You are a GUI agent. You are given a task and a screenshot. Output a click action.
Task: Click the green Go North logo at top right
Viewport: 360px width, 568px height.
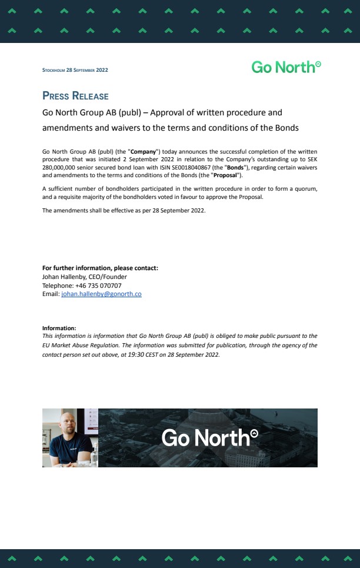click(x=286, y=67)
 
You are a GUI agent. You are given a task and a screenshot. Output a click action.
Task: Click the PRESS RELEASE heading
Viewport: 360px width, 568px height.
click(x=75, y=96)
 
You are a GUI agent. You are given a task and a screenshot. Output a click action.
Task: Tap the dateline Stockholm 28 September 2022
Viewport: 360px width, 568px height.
click(x=75, y=70)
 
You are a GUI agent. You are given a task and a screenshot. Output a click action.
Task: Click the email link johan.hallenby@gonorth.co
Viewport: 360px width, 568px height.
click(x=101, y=294)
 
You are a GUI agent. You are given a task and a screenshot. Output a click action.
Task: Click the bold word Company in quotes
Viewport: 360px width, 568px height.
click(x=143, y=152)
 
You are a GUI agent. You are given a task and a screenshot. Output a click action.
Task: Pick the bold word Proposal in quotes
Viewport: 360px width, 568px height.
click(x=225, y=175)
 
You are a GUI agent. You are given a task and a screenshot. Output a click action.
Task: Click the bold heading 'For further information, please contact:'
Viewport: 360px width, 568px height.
click(x=100, y=268)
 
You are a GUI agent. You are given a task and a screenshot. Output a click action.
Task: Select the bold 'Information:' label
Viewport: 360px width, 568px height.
click(x=59, y=328)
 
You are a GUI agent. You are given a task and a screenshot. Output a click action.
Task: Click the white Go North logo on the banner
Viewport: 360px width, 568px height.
click(x=209, y=437)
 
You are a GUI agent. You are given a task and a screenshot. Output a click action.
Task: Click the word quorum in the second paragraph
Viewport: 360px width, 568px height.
click(x=304, y=188)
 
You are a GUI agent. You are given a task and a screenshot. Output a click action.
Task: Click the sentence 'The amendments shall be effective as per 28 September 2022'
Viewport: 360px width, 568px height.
click(x=124, y=210)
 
